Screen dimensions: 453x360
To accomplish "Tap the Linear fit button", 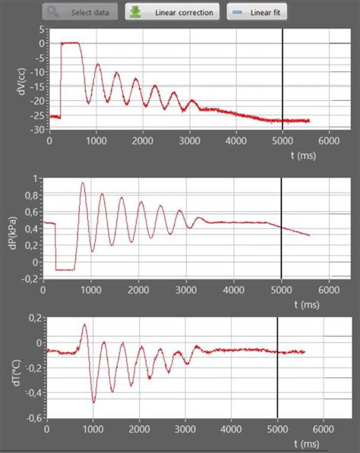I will pyautogui.click(x=256, y=13).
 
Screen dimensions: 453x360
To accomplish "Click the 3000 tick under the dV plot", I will pyautogui.click(x=190, y=140).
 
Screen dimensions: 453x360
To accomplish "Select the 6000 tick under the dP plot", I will pyautogui.click(x=328, y=290).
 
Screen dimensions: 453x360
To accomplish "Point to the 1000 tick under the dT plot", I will pyautogui.click(x=93, y=429).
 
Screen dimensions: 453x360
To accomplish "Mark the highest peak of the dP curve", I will pyautogui.click(x=82, y=183).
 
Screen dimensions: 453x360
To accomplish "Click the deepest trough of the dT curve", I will pyautogui.click(x=93, y=401).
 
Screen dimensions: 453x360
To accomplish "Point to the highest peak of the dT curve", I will pyautogui.click(x=84, y=325).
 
